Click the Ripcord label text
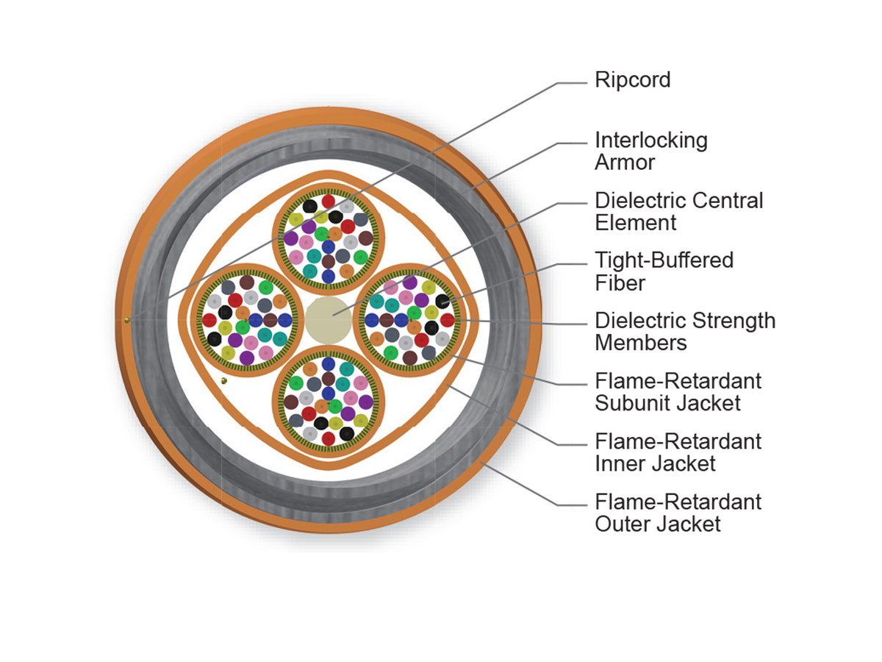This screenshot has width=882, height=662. [x=632, y=79]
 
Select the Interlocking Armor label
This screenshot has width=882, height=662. [x=650, y=151]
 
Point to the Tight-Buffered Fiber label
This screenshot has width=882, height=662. [x=664, y=271]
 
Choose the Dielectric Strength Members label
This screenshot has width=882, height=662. [x=684, y=331]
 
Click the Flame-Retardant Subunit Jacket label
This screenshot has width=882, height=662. [x=678, y=392]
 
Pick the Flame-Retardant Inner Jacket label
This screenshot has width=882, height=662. [x=678, y=452]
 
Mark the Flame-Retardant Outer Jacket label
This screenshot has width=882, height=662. [x=678, y=513]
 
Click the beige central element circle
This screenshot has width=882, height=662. [x=329, y=319]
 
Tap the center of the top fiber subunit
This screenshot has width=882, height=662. [x=329, y=237]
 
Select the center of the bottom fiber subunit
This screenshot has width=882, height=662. [x=329, y=401]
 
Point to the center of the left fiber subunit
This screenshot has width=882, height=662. [x=247, y=319]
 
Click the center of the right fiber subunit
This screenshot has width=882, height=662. [x=410, y=319]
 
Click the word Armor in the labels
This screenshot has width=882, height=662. [x=624, y=162]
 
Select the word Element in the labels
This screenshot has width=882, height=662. [x=635, y=222]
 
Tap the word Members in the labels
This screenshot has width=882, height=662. [x=640, y=342]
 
